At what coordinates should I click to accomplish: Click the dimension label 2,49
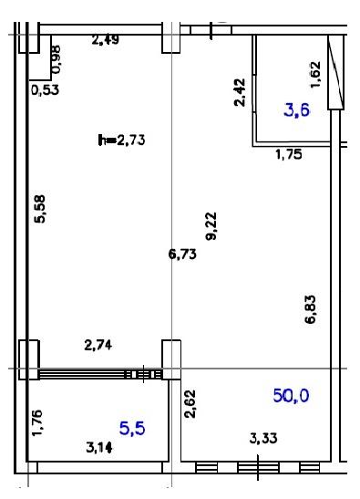(105, 40)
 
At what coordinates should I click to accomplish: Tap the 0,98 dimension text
(57, 59)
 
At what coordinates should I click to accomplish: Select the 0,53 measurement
(46, 90)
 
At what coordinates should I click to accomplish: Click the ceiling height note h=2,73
(121, 140)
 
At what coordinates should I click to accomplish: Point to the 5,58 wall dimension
(40, 209)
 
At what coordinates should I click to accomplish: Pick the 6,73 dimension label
(182, 255)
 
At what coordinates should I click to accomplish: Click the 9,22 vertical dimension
(211, 226)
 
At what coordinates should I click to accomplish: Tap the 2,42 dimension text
(240, 92)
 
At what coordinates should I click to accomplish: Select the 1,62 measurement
(315, 75)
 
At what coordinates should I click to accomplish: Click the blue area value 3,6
(297, 110)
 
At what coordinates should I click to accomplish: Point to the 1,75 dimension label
(288, 155)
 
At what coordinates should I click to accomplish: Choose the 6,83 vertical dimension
(311, 309)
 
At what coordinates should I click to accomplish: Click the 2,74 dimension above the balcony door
(98, 345)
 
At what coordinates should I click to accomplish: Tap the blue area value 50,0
(291, 396)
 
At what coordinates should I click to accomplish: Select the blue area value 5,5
(132, 429)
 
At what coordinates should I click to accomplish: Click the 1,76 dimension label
(36, 423)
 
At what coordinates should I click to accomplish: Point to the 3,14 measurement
(99, 448)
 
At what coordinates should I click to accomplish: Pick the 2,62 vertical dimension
(190, 404)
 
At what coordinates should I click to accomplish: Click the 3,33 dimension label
(263, 438)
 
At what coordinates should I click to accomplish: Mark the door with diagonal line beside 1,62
(335, 72)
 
